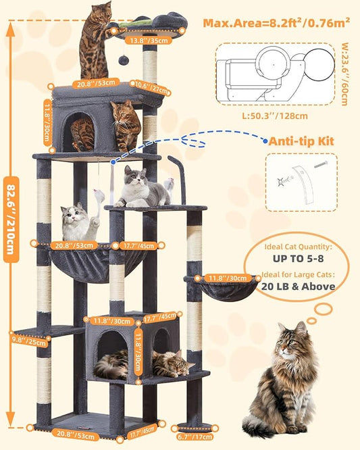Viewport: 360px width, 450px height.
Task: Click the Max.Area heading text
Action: click(x=276, y=22)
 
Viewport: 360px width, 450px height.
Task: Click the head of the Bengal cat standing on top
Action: click(x=103, y=12)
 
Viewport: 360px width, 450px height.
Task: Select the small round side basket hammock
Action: click(x=220, y=287)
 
